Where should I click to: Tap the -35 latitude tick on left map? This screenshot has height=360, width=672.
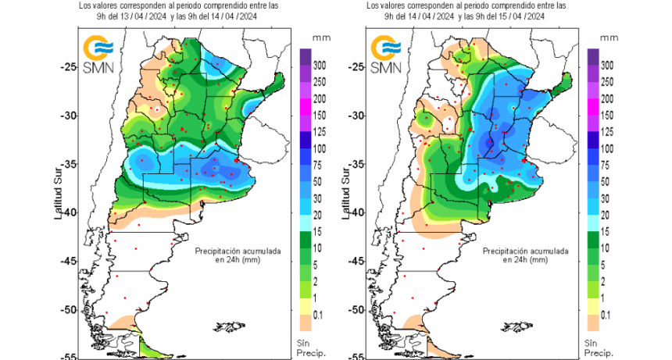pos(70,164)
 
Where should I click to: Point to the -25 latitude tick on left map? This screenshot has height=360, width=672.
pos(70,66)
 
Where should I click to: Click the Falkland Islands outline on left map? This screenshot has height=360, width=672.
pos(227,326)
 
